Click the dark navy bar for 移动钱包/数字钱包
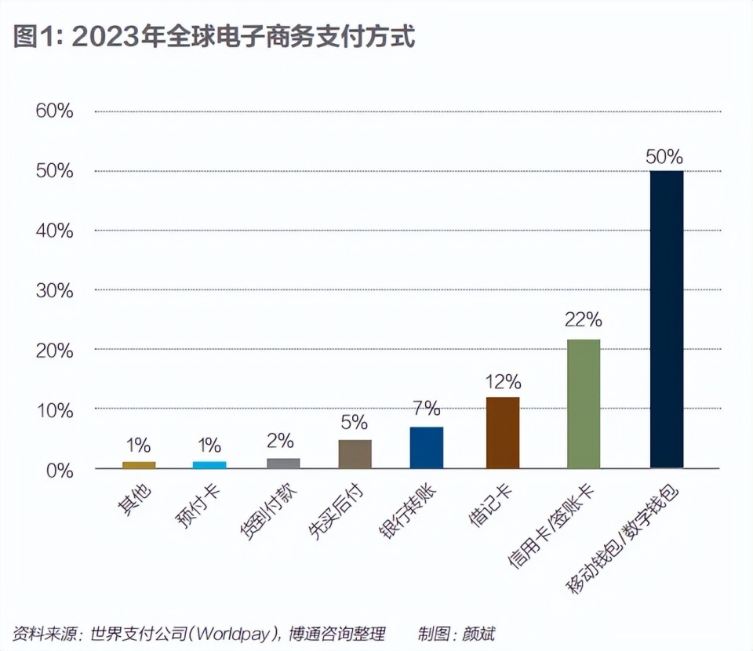coord(667,319)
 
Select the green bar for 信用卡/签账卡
coord(584,404)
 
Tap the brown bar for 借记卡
coord(503,433)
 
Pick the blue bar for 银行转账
coord(427,448)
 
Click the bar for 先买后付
coord(355,454)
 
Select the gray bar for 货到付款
coord(283,464)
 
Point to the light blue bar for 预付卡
coord(209,465)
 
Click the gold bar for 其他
coord(139,465)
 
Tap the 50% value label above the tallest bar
coord(664,156)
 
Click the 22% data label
coord(583,319)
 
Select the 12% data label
coord(503,382)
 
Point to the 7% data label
coord(427,408)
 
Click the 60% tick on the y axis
coord(55,111)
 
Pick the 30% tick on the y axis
coord(55,291)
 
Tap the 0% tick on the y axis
coord(60,471)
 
